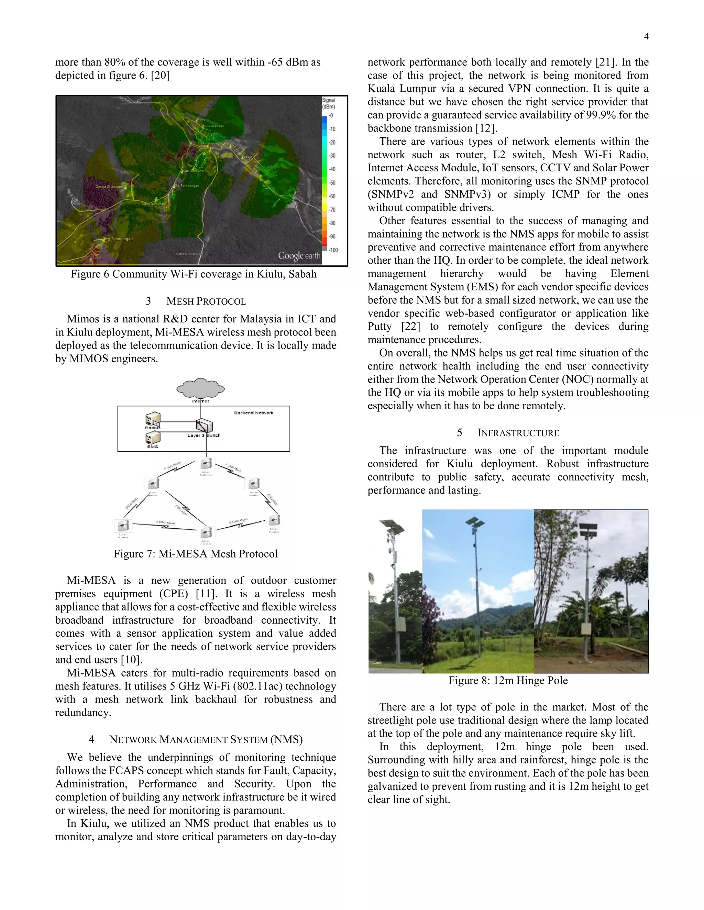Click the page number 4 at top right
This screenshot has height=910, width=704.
[x=646, y=37]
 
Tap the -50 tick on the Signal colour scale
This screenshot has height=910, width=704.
[x=332, y=182]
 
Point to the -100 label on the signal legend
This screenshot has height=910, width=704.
[x=333, y=250]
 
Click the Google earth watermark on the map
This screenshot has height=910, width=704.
[x=299, y=255]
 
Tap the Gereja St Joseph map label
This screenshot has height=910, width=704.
[x=109, y=187]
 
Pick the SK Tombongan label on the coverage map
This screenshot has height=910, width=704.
[x=187, y=186]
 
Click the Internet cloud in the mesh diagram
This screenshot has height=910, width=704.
[x=201, y=388]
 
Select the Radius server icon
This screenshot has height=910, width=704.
[x=153, y=419]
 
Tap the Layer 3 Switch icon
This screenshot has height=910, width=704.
[x=205, y=426]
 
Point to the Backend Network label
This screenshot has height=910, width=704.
[x=254, y=413]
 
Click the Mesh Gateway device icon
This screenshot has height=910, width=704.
[x=206, y=463]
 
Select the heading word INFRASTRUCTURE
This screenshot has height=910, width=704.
[x=518, y=433]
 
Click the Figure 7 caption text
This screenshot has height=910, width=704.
[x=196, y=554]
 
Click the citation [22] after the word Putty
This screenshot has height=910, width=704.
[x=411, y=326]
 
